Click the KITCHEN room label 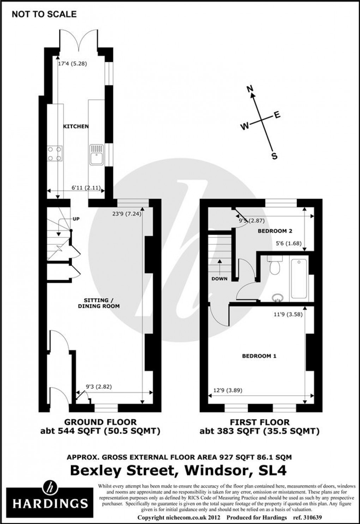point(76,126)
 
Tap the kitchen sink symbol point(96,155)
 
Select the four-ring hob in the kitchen point(55,153)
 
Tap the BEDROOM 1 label point(259,356)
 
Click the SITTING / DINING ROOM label point(99,303)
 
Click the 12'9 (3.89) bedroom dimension point(228,391)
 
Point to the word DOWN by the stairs point(220,279)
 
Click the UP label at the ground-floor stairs point(76,219)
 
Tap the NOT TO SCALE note point(44,14)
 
